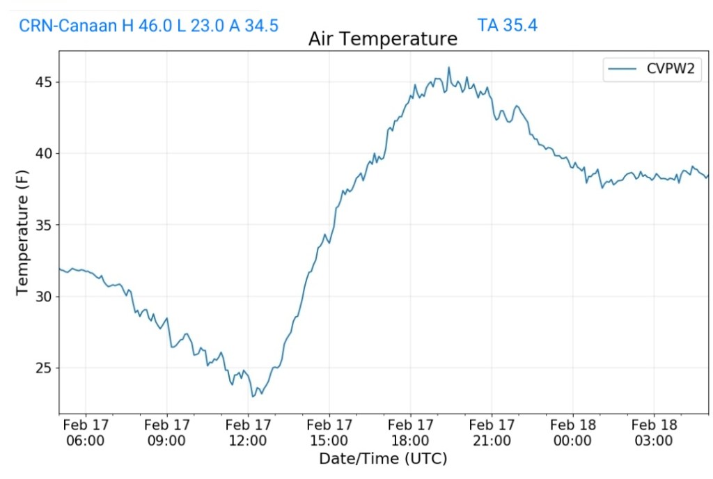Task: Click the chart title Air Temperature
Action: point(382,39)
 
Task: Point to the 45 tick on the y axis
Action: point(43,82)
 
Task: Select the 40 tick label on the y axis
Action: point(43,154)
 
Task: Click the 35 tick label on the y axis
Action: point(43,225)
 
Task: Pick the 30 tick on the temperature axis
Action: point(43,297)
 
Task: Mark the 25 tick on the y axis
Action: point(43,368)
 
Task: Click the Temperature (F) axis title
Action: point(23,232)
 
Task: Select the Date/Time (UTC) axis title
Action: point(382,459)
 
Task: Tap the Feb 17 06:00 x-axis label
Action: point(86,432)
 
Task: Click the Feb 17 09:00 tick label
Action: point(167,432)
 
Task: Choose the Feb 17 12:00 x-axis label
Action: point(248,432)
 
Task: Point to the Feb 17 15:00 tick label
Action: point(329,432)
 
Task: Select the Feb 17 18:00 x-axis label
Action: point(410,432)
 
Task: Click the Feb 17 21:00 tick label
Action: point(492,432)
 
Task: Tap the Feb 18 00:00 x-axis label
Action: point(572,432)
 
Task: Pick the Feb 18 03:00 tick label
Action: point(654,432)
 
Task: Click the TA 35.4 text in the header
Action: point(507,26)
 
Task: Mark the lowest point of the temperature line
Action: point(253,396)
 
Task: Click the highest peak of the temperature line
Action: point(449,68)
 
